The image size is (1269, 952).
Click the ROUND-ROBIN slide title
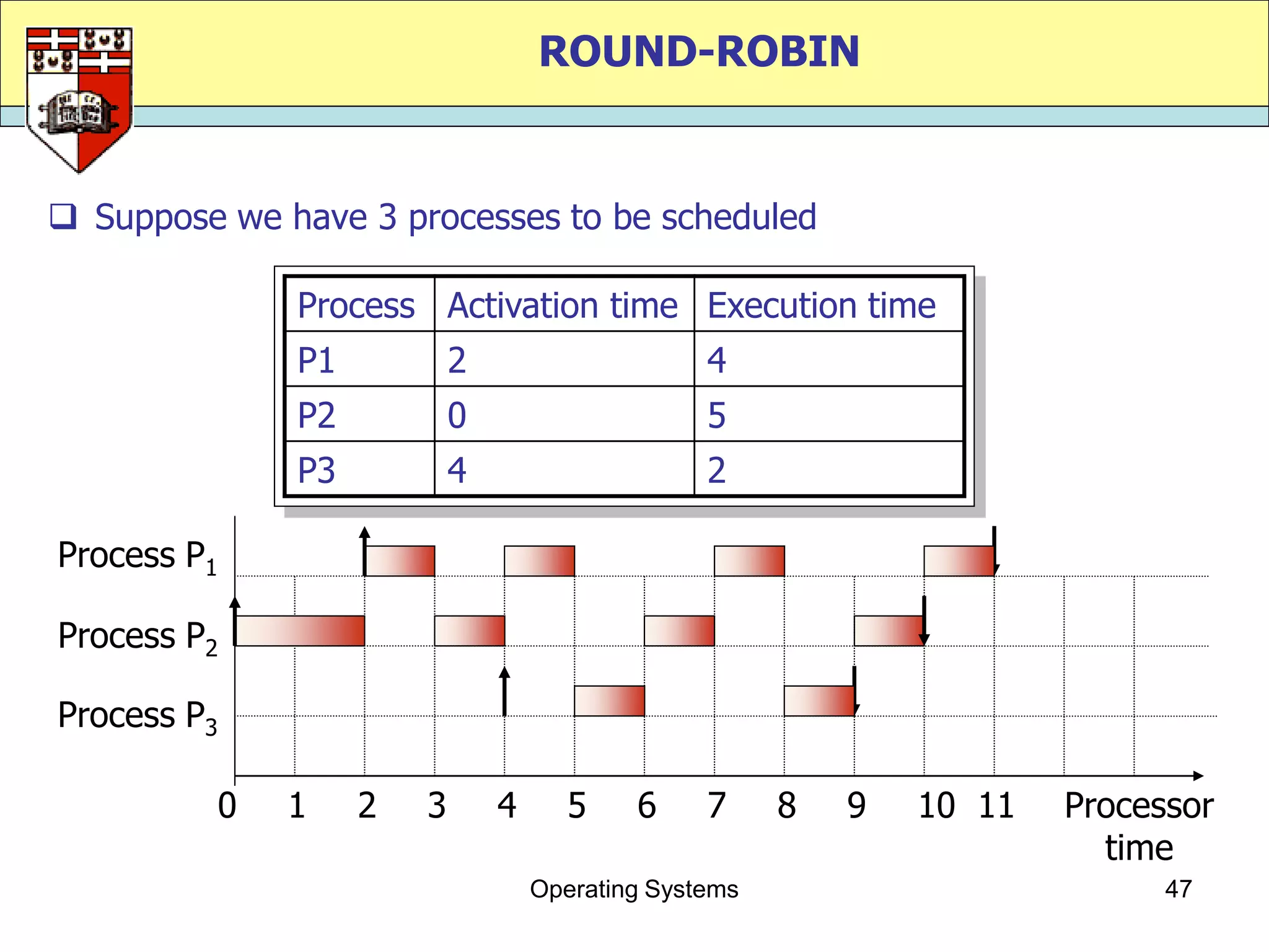coord(699,51)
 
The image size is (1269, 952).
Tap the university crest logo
coord(79,99)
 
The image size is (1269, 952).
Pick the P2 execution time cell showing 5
coord(716,415)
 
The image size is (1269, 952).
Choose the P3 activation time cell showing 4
coord(457,470)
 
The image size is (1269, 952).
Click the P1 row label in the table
coord(316,360)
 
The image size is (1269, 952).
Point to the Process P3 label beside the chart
coord(137,716)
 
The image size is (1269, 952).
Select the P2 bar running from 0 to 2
coord(299,631)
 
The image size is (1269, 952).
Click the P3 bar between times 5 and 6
coord(609,701)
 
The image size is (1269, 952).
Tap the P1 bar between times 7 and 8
coord(749,561)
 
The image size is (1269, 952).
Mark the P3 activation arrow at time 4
coord(504,691)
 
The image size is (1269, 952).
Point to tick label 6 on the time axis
coord(646,806)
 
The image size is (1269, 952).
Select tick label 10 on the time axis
coord(936,806)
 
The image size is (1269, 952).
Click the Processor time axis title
coord(1139,826)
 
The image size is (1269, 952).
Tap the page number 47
coord(1178,889)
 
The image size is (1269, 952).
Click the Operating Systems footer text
coord(634,889)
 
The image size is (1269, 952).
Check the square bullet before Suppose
coord(63,217)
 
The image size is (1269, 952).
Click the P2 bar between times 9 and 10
coord(889,631)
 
